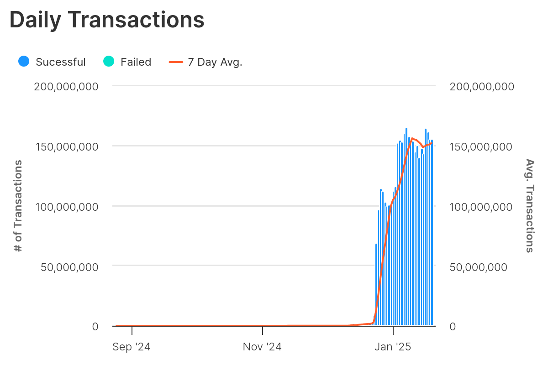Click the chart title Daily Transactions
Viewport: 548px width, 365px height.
pyautogui.click(x=107, y=20)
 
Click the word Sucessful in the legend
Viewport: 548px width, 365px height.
pyautogui.click(x=61, y=62)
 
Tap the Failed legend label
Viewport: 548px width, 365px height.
pyautogui.click(x=136, y=62)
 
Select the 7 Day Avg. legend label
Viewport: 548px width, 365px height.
pyautogui.click(x=215, y=62)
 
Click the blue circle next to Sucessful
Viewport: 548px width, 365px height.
pyautogui.click(x=24, y=62)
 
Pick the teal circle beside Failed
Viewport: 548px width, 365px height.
pyautogui.click(x=109, y=62)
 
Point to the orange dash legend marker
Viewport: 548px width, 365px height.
pyautogui.click(x=176, y=62)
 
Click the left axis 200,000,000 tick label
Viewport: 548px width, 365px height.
pyautogui.click(x=66, y=86)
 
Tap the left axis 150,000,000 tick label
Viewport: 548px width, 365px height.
pyautogui.click(x=66, y=146)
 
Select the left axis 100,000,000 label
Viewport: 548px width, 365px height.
pyautogui.click(x=66, y=207)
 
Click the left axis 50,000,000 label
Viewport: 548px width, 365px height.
pyautogui.click(x=69, y=267)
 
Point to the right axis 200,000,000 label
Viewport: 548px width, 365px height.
pyautogui.click(x=482, y=86)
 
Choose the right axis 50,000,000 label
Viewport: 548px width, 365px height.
pyautogui.click(x=479, y=267)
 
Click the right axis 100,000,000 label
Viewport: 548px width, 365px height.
pyautogui.click(x=482, y=207)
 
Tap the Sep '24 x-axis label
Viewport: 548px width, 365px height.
pyautogui.click(x=132, y=347)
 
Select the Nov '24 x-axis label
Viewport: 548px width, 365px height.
pyautogui.click(x=262, y=347)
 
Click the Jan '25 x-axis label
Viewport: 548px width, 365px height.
pyautogui.click(x=393, y=347)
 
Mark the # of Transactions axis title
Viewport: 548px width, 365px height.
pyautogui.click(x=18, y=206)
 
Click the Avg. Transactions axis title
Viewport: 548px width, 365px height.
pyautogui.click(x=530, y=206)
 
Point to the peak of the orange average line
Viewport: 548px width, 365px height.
pyautogui.click(x=412, y=138)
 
